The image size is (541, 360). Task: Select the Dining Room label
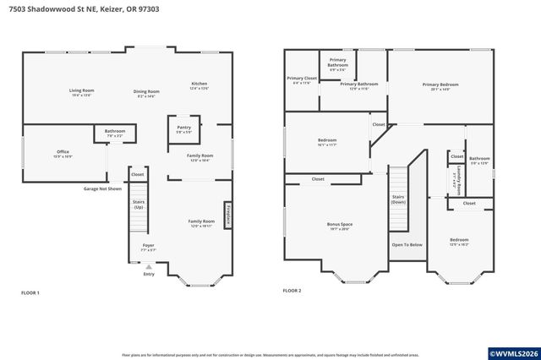146,93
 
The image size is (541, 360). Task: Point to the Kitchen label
199,85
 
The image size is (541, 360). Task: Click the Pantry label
183,128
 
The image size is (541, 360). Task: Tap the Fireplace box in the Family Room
227,215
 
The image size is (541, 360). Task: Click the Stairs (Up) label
139,204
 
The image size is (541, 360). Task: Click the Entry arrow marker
149,266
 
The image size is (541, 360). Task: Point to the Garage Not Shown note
103,188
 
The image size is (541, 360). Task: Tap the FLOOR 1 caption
31,292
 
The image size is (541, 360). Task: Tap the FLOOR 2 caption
292,290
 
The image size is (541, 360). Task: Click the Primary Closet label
301,80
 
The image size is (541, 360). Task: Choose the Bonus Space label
341,226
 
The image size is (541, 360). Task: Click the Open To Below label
407,245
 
